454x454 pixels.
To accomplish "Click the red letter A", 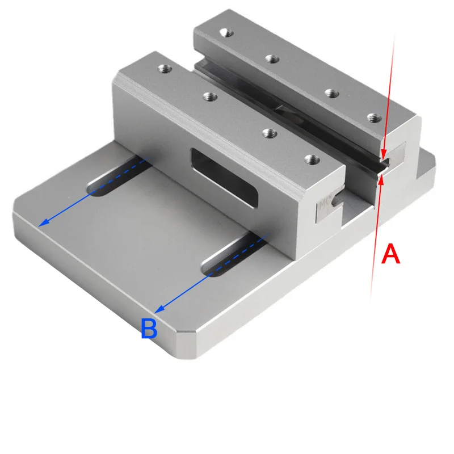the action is (x=390, y=254).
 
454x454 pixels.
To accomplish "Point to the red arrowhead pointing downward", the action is (x=384, y=154).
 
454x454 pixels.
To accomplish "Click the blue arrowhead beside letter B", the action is (x=159, y=309).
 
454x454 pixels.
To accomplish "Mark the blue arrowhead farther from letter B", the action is (x=44, y=222).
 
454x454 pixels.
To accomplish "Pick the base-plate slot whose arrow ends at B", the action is (x=234, y=255).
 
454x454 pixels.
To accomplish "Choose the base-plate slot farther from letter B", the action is (x=119, y=176).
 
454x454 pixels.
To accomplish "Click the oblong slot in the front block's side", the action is (x=224, y=178).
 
